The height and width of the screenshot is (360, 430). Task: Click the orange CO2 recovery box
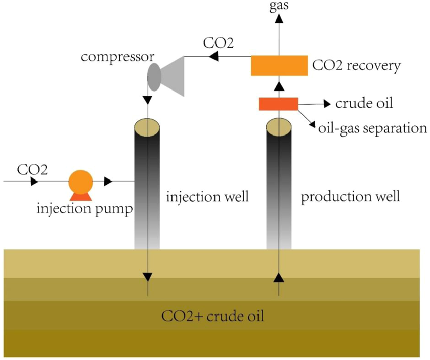click(279, 66)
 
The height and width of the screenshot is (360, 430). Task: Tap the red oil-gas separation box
click(278, 103)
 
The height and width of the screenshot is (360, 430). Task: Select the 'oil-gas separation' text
click(372, 127)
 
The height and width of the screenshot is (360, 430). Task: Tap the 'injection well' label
click(207, 196)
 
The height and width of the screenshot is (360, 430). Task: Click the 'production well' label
click(351, 196)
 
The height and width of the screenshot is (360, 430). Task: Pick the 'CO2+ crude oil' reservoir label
click(213, 317)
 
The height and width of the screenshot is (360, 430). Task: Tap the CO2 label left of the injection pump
click(32, 169)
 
